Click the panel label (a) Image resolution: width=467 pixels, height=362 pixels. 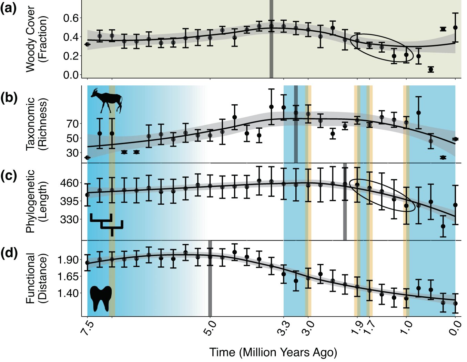tap(8, 9)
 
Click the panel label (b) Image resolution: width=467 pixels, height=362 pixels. tap(8, 98)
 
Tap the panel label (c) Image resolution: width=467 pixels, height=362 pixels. tap(8, 175)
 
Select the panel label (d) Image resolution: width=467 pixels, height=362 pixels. tap(8, 254)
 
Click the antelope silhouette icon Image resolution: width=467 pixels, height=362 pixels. tap(106, 100)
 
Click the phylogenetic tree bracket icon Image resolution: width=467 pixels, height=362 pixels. tap(106, 224)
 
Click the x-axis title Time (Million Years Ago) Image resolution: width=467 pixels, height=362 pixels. tap(273, 352)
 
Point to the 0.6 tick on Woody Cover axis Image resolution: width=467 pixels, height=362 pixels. tap(71, 18)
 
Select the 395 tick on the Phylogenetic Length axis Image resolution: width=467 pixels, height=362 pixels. tap(69, 201)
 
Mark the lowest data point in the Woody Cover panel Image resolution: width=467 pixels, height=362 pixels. tap(430, 70)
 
